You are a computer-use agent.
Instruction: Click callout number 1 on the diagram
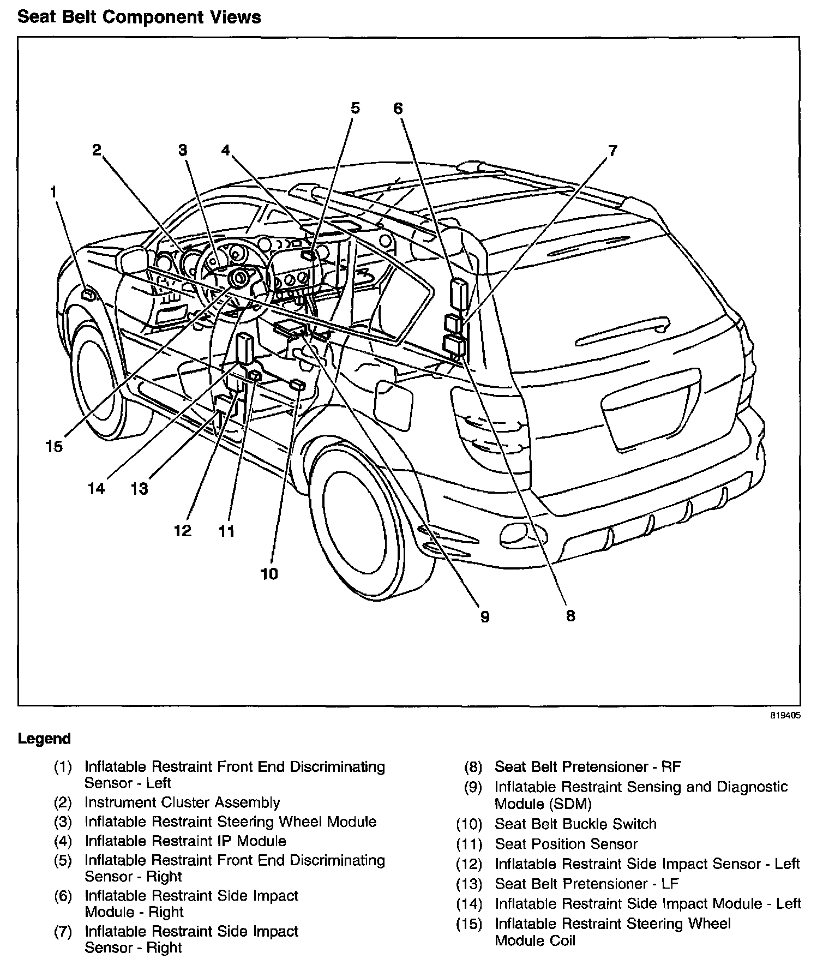[53, 192]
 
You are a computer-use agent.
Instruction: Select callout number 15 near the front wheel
[54, 447]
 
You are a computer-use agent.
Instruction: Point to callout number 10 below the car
[269, 573]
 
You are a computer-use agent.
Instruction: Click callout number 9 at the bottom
[484, 616]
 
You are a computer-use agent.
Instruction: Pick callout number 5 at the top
[355, 108]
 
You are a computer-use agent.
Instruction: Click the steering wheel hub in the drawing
[239, 279]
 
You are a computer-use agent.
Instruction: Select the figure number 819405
[785, 716]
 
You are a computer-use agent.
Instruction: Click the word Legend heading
[44, 739]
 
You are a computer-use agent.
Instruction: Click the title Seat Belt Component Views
[139, 17]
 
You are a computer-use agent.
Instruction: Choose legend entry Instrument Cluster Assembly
[182, 802]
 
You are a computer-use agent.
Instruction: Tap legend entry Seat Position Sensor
[566, 844]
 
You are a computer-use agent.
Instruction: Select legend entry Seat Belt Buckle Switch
[575, 824]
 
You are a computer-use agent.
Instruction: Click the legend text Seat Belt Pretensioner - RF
[588, 766]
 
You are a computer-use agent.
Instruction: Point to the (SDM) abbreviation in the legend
[543, 804]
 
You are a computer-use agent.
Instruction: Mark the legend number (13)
[469, 884]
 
